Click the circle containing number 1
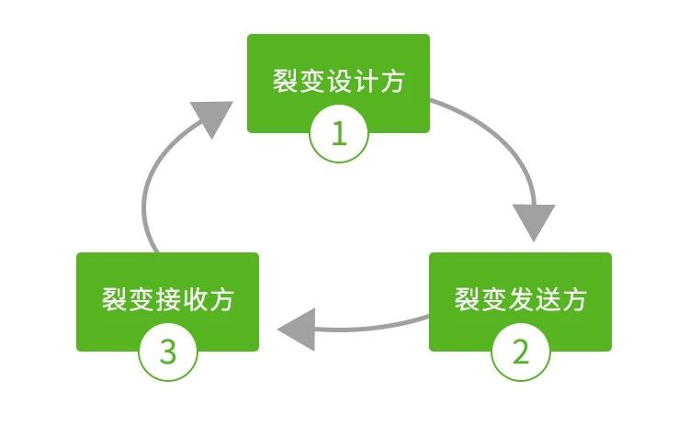click(338, 134)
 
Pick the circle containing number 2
click(520, 352)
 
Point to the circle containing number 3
click(167, 352)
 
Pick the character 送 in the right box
click(547, 299)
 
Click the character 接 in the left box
click(168, 300)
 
